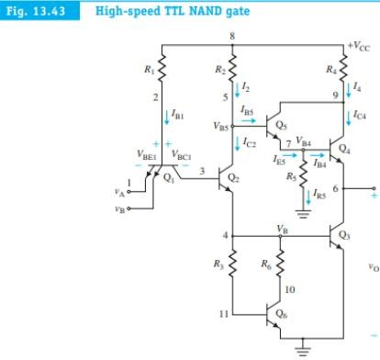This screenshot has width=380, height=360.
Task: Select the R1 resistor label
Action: [146, 67]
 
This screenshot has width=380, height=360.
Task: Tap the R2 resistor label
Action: [220, 67]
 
